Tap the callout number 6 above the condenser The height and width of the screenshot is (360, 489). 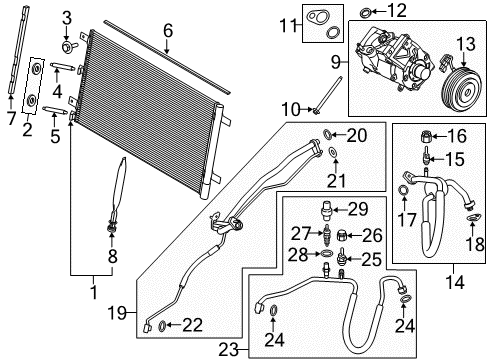167,31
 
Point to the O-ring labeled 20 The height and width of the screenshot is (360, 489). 331,134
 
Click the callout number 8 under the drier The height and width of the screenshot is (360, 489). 113,256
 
